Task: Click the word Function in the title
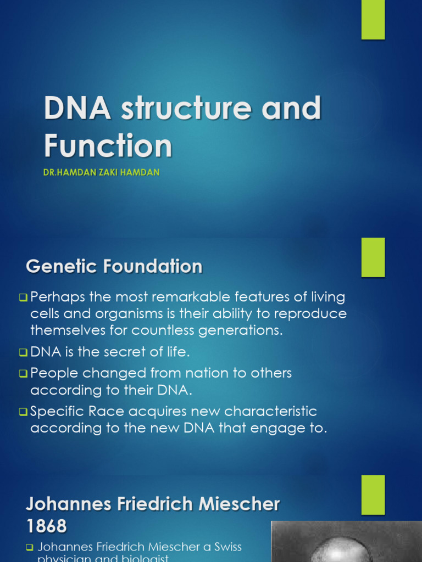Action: coord(108,146)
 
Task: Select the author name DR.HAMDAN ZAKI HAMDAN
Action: coord(102,172)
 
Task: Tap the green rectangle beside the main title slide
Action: coord(373,20)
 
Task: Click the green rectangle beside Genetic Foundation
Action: coord(373,257)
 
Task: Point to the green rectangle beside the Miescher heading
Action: coord(373,494)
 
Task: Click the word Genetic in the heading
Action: coord(60,267)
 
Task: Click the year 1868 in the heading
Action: coord(47,526)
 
